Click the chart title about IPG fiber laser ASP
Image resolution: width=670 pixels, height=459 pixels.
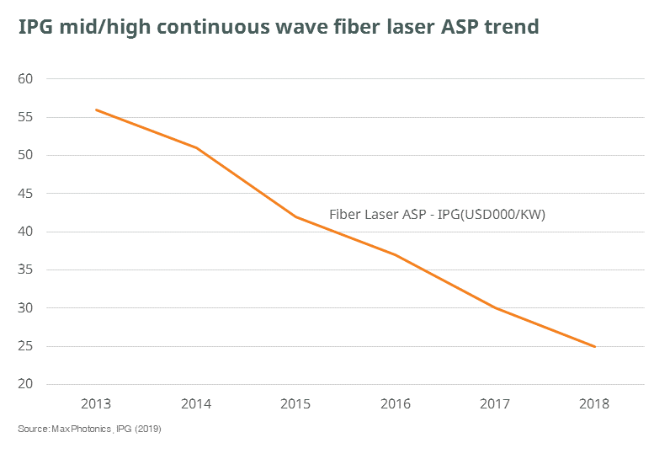point(279,27)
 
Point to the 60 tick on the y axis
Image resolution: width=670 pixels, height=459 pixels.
point(25,79)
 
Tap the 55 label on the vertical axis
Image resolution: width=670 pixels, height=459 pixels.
point(25,117)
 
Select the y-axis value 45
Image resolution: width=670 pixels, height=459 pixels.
point(25,194)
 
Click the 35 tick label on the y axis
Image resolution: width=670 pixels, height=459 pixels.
point(25,270)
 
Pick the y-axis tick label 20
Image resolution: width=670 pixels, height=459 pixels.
point(25,385)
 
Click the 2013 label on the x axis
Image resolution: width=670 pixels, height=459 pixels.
point(96,404)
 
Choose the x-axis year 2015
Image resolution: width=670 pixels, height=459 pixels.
point(295,404)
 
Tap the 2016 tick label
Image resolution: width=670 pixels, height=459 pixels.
point(396,404)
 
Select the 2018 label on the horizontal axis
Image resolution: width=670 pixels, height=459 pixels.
point(595,404)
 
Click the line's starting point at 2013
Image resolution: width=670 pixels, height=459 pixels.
point(96,109)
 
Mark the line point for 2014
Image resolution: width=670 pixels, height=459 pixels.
point(196,148)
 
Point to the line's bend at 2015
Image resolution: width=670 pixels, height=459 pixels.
point(295,216)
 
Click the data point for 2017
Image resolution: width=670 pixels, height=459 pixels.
point(496,308)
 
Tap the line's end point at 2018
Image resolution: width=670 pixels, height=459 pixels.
point(595,346)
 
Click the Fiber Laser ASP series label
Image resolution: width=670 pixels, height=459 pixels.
point(437,215)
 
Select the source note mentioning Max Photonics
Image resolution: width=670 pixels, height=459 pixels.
point(89,430)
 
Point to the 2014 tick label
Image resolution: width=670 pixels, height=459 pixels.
point(196,404)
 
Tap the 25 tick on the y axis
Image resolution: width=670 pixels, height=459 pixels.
point(25,347)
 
